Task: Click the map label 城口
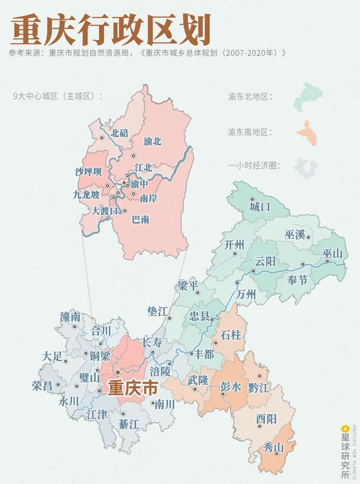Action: coord(260,207)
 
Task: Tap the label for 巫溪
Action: coord(294,234)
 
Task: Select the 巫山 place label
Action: coord(332,254)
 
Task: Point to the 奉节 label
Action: coord(298,280)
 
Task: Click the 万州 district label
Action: coord(246,294)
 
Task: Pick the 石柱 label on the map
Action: coord(231,335)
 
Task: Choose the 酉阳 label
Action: coord(266,419)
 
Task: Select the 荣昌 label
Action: coord(43,386)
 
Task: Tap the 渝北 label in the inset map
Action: coord(152,141)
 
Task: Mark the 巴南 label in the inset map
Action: coord(140,219)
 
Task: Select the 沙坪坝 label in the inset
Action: coord(88,172)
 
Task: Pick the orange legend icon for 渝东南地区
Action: coord(307,132)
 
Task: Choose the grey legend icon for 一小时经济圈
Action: coord(307,167)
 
